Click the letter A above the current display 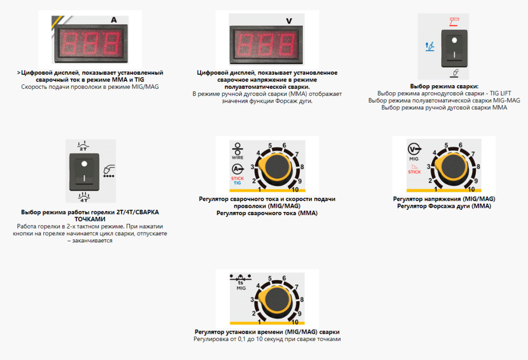(x=114, y=20)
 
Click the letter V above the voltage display (x=289, y=21)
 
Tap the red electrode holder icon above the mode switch (x=454, y=22)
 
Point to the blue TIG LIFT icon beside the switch (x=430, y=46)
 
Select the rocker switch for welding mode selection (x=454, y=48)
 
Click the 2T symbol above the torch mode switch (x=83, y=146)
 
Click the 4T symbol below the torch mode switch (x=84, y=197)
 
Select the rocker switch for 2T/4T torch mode (x=84, y=172)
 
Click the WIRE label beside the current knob (x=237, y=157)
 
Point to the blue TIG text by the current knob (x=237, y=183)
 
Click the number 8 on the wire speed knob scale (x=302, y=167)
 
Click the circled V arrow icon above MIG (x=414, y=149)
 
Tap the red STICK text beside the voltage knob (x=415, y=172)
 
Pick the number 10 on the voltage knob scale (x=471, y=189)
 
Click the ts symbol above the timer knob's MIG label (x=240, y=283)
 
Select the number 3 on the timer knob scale (x=252, y=299)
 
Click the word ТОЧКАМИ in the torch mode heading (x=90, y=219)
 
